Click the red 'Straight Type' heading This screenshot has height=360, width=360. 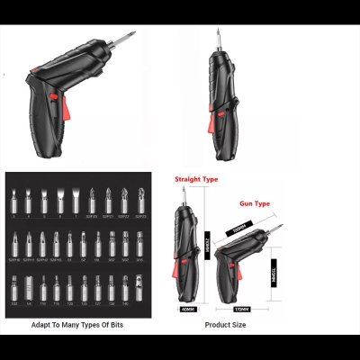(x=197, y=180)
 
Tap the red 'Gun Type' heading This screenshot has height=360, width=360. (x=255, y=204)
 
